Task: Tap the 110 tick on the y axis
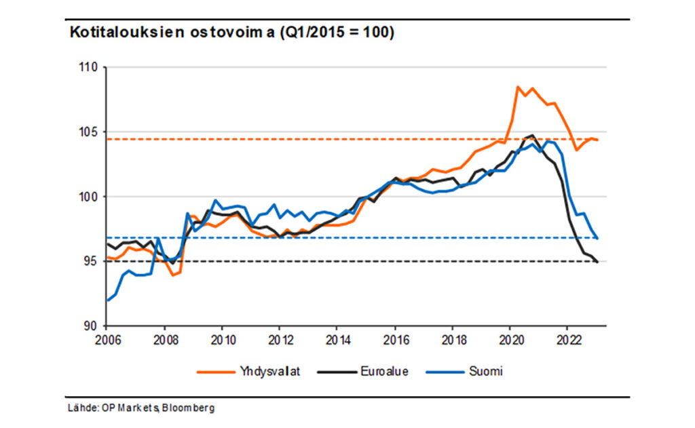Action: [89, 68]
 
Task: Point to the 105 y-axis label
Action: [89, 132]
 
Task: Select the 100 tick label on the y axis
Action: [89, 197]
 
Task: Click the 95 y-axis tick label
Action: [92, 261]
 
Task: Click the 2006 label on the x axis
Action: [107, 338]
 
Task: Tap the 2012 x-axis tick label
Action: [279, 338]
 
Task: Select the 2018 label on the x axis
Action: [453, 338]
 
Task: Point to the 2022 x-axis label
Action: [567, 338]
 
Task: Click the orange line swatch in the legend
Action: [214, 371]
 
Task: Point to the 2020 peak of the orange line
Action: [518, 87]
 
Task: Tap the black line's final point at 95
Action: [597, 262]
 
